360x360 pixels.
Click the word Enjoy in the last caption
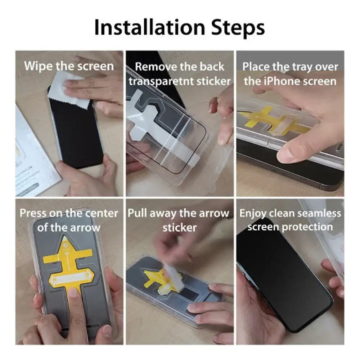point(254,213)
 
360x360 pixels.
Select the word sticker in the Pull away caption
point(180,227)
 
